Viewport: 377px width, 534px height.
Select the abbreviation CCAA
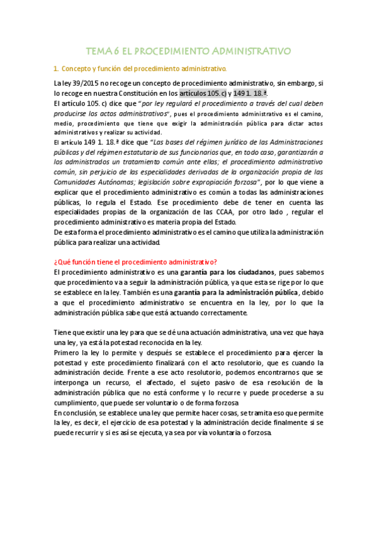tap(234, 212)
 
